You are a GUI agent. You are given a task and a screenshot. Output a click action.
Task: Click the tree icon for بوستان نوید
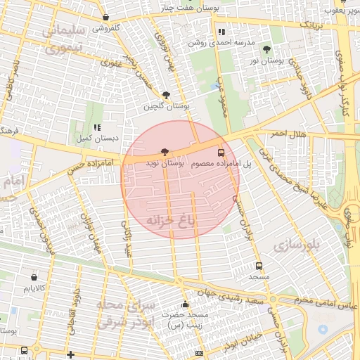click(x=165, y=151)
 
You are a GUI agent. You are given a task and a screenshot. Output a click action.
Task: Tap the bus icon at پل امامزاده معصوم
click(x=221, y=152)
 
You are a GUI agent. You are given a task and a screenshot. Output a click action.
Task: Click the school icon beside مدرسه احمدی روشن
click(x=221, y=32)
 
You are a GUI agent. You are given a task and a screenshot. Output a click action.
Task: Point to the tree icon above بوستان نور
click(x=266, y=49)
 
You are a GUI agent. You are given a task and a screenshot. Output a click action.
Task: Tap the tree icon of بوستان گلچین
click(x=166, y=95)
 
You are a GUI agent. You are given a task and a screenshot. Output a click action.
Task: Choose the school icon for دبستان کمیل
click(x=97, y=128)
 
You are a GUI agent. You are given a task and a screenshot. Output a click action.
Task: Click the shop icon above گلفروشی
click(x=105, y=17)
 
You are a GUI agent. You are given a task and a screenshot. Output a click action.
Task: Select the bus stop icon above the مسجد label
click(x=259, y=266)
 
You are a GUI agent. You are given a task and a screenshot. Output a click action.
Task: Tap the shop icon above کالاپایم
click(x=34, y=277)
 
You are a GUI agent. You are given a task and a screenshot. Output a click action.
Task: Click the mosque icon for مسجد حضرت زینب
click(x=186, y=304)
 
